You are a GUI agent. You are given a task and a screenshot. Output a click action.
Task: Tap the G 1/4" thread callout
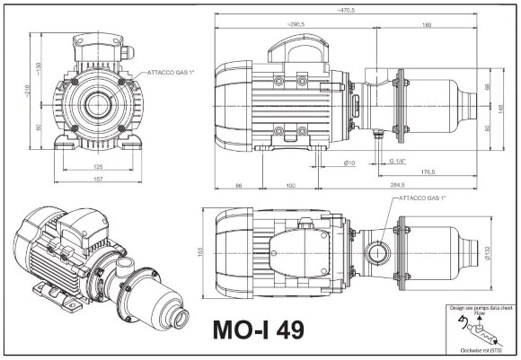point(399,161)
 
